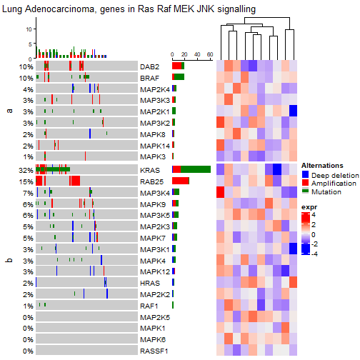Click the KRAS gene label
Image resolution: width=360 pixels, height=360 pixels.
click(x=150, y=170)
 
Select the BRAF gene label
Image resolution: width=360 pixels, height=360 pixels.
click(x=150, y=77)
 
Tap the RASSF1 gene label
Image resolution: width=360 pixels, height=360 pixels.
click(x=154, y=351)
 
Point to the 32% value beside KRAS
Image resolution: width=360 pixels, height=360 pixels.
click(x=26, y=170)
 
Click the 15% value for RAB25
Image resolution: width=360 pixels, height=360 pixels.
click(x=26, y=181)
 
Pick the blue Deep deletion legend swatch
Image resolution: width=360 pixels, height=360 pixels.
click(x=305, y=174)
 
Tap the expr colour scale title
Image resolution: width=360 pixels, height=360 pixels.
click(x=309, y=207)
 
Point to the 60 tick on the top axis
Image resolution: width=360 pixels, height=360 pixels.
click(x=209, y=54)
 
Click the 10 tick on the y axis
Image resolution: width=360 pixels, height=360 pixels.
click(x=29, y=29)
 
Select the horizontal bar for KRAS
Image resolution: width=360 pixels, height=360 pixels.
click(x=191, y=169)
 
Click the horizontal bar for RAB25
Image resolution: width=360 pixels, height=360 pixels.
click(x=181, y=181)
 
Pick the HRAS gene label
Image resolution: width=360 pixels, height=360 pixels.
click(x=150, y=283)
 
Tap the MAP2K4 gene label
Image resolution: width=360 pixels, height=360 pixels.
click(x=155, y=89)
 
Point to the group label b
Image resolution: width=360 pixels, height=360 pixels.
click(x=9, y=261)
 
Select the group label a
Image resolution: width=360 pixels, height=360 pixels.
click(x=9, y=111)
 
